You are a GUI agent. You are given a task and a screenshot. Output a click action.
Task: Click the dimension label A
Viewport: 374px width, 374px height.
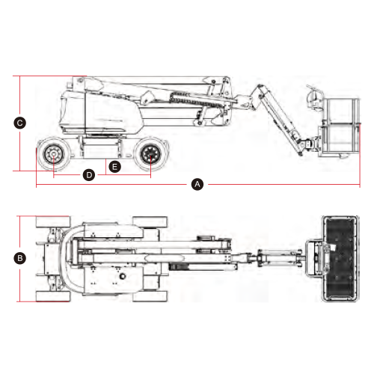point(197,184)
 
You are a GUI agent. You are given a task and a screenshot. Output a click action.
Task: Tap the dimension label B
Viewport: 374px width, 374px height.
point(19,258)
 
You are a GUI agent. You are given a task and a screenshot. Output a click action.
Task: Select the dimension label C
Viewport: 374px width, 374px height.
point(19,123)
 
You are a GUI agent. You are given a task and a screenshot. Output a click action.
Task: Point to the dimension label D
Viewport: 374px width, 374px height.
point(89,175)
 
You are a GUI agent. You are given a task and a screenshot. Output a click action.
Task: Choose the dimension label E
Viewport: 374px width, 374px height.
point(115,167)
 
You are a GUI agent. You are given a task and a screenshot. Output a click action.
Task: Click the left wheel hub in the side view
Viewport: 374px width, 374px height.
point(54,155)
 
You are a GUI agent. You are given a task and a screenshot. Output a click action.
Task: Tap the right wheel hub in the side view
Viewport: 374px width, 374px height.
point(150,155)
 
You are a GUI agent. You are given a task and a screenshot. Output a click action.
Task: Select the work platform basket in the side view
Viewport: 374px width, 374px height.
point(339,127)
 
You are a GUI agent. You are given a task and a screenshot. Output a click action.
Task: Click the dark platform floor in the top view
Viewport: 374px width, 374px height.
point(340,259)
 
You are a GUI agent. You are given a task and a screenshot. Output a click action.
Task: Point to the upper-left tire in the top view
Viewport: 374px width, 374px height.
point(53,222)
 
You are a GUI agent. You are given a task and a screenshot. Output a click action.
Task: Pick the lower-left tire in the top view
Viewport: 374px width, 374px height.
point(53,296)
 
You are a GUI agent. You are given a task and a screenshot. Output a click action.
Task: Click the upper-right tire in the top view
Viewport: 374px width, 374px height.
point(150,222)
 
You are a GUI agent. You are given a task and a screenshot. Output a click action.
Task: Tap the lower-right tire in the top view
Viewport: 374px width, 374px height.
point(150,296)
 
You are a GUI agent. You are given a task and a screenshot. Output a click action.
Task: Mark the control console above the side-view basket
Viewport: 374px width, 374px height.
point(315,98)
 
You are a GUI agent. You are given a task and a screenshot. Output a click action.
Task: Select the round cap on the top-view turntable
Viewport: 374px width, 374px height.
point(123,276)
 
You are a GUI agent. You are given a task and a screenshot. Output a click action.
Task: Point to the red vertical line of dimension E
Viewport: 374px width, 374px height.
point(106,167)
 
